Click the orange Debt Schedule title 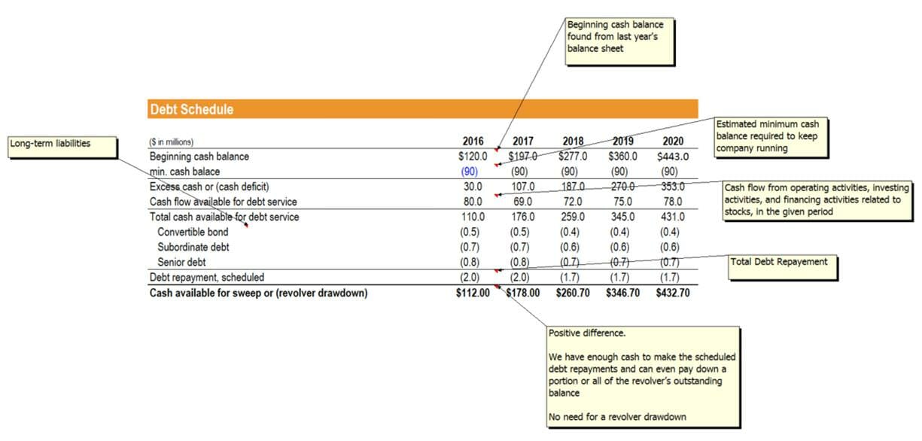pos(192,110)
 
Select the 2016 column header pos(473,141)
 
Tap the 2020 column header pos(673,141)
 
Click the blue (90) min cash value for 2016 pos(469,172)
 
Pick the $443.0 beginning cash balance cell pos(672,157)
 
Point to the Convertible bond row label pos(193,232)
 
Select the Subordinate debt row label pos(193,247)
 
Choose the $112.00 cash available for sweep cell pos(473,293)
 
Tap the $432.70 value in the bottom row pos(672,293)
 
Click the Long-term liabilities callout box pos(62,147)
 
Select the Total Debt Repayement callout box pos(783,266)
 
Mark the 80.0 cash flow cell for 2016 pos(473,202)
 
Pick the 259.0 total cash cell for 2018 pos(572,217)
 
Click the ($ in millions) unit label pos(172,142)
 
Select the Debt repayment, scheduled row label pos(207,277)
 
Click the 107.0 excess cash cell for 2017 pos(522,187)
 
